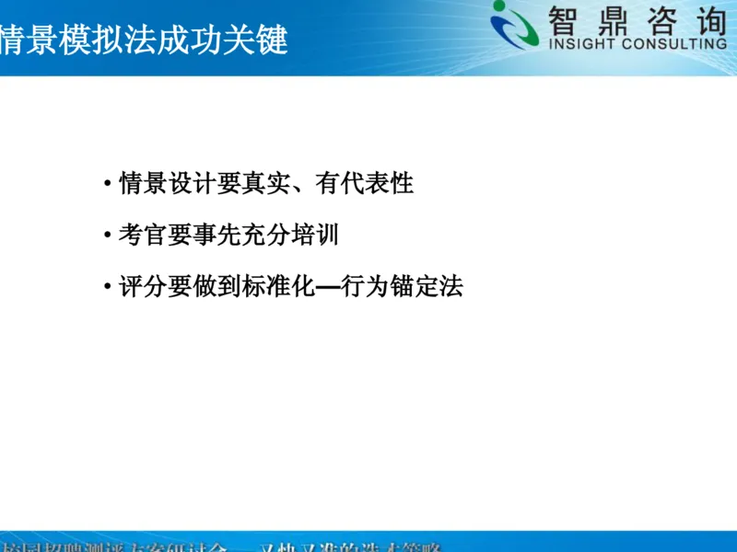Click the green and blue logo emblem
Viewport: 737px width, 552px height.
point(513,25)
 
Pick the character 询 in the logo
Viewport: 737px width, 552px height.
point(708,18)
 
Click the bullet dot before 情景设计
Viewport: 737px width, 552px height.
point(109,184)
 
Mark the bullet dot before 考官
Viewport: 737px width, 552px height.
point(109,236)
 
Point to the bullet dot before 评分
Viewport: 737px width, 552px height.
point(109,288)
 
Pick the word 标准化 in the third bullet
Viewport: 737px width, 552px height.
point(280,287)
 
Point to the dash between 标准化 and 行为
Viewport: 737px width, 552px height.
point(329,288)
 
